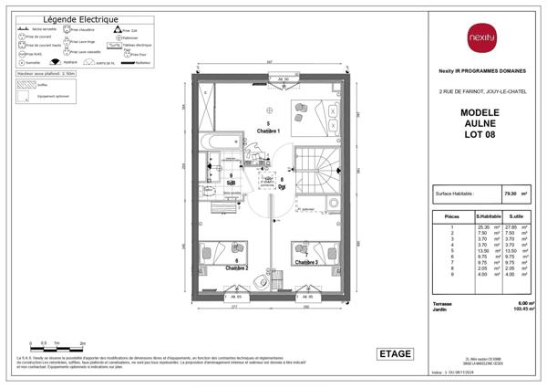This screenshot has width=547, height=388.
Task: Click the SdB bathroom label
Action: (231, 182)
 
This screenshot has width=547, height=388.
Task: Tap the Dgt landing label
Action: (282, 184)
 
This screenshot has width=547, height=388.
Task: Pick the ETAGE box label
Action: (395, 353)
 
